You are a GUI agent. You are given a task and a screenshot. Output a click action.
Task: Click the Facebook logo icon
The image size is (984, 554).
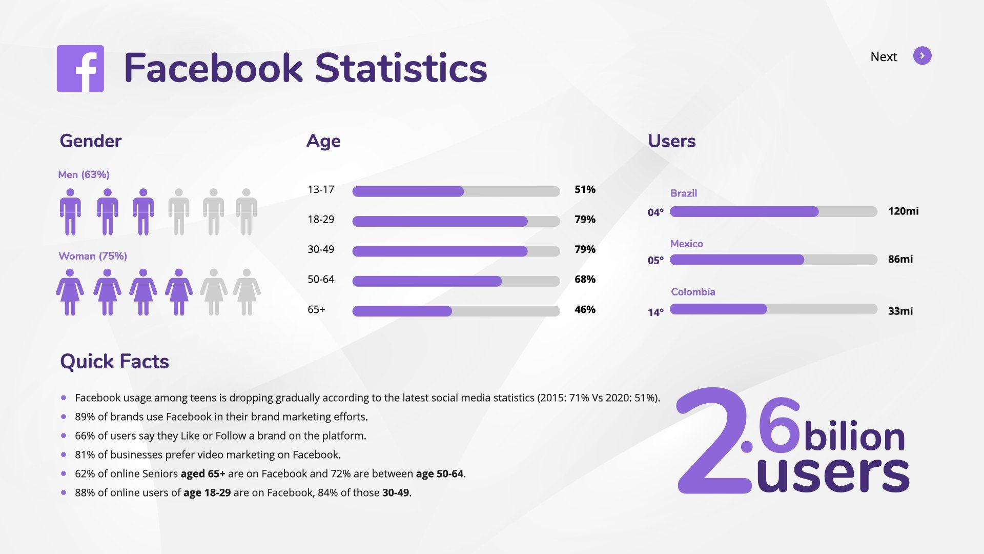coord(80,69)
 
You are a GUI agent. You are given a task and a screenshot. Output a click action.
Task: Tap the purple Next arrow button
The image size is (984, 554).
coord(922,56)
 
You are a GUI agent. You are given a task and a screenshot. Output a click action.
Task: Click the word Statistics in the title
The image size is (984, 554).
coord(401,68)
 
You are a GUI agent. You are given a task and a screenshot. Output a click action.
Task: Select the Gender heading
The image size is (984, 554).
coord(90,141)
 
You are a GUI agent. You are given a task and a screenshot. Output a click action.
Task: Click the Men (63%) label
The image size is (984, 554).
coord(84,174)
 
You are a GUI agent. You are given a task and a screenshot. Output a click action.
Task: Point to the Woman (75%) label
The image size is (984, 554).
coord(93,256)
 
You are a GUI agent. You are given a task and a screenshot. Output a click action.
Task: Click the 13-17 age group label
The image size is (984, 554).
coord(321,190)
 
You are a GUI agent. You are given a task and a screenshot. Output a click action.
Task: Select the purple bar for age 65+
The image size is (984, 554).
coord(402,311)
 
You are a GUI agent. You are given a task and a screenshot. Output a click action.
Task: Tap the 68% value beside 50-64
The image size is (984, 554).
coord(585,280)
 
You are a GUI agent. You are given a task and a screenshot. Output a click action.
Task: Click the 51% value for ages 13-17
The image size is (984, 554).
coord(585,190)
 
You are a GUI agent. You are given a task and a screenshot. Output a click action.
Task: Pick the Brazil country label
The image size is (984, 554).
coord(684,193)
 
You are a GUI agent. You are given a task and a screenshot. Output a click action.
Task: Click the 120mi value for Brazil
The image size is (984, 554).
coord(903,211)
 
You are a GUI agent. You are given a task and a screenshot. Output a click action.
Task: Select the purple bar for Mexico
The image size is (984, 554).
coord(737,260)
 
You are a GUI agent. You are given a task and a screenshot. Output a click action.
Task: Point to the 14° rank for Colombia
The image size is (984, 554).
coord(655,312)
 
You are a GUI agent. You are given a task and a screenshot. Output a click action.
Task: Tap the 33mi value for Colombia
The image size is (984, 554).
coord(900,311)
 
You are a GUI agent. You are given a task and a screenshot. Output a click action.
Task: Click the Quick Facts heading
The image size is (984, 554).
coord(114,362)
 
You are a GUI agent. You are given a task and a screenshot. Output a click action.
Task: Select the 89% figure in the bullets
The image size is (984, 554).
coord(85,417)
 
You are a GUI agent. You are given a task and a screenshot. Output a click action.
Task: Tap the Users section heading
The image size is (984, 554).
coord(671,141)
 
